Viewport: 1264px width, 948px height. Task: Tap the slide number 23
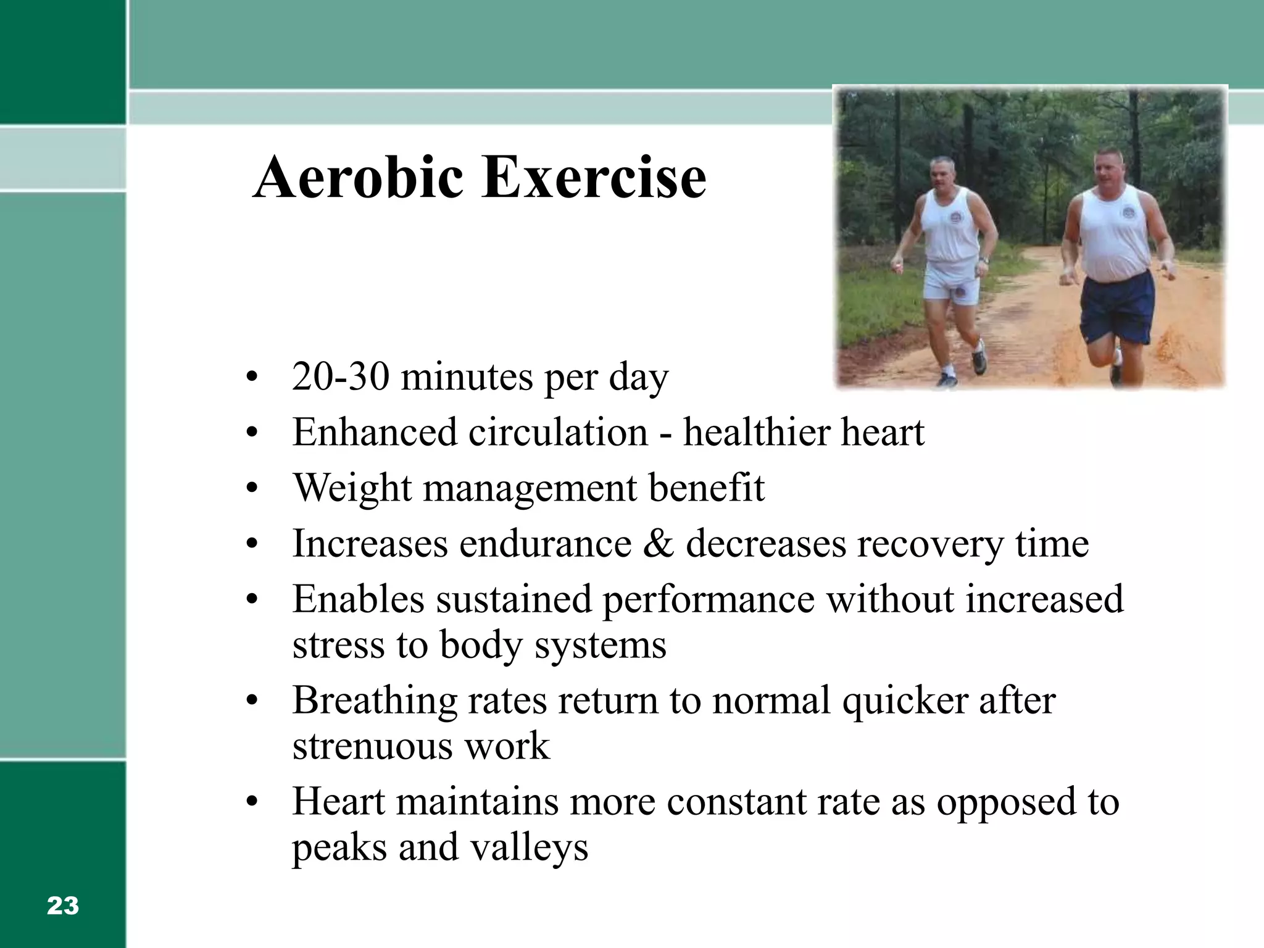coord(63,906)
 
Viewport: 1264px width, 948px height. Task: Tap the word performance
coord(708,600)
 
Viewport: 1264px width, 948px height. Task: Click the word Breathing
coord(374,701)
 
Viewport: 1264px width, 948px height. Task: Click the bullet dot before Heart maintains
coord(250,802)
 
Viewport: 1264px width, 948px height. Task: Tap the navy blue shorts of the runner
coord(1116,306)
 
